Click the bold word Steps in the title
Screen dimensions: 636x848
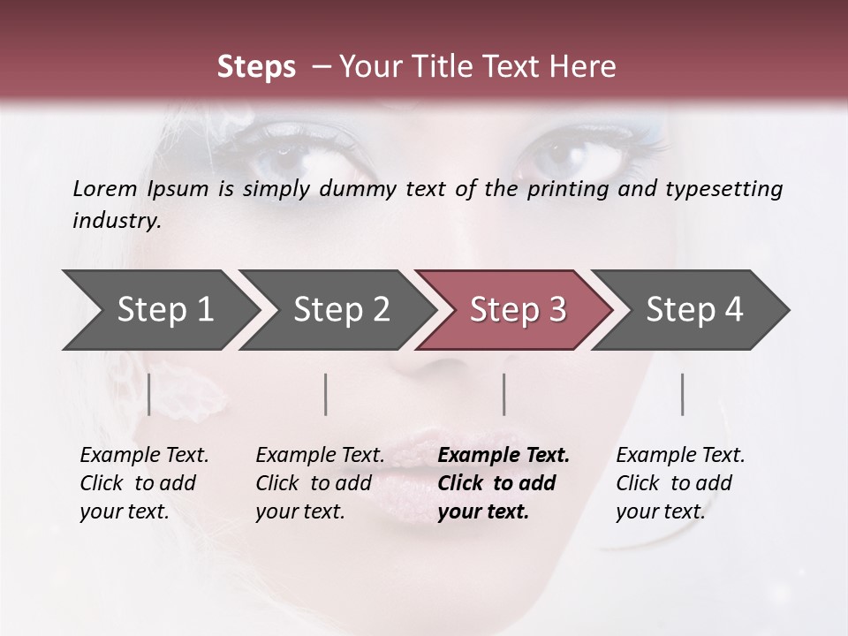click(256, 67)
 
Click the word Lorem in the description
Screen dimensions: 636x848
click(105, 188)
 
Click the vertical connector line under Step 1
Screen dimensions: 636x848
click(149, 394)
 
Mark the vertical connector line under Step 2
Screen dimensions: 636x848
click(326, 394)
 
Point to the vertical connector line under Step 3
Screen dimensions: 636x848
click(503, 394)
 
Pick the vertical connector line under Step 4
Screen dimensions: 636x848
click(682, 394)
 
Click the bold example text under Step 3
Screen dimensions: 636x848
click(503, 483)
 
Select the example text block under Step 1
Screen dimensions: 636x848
click(144, 483)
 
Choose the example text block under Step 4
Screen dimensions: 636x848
click(680, 483)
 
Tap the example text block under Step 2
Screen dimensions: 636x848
click(320, 483)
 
